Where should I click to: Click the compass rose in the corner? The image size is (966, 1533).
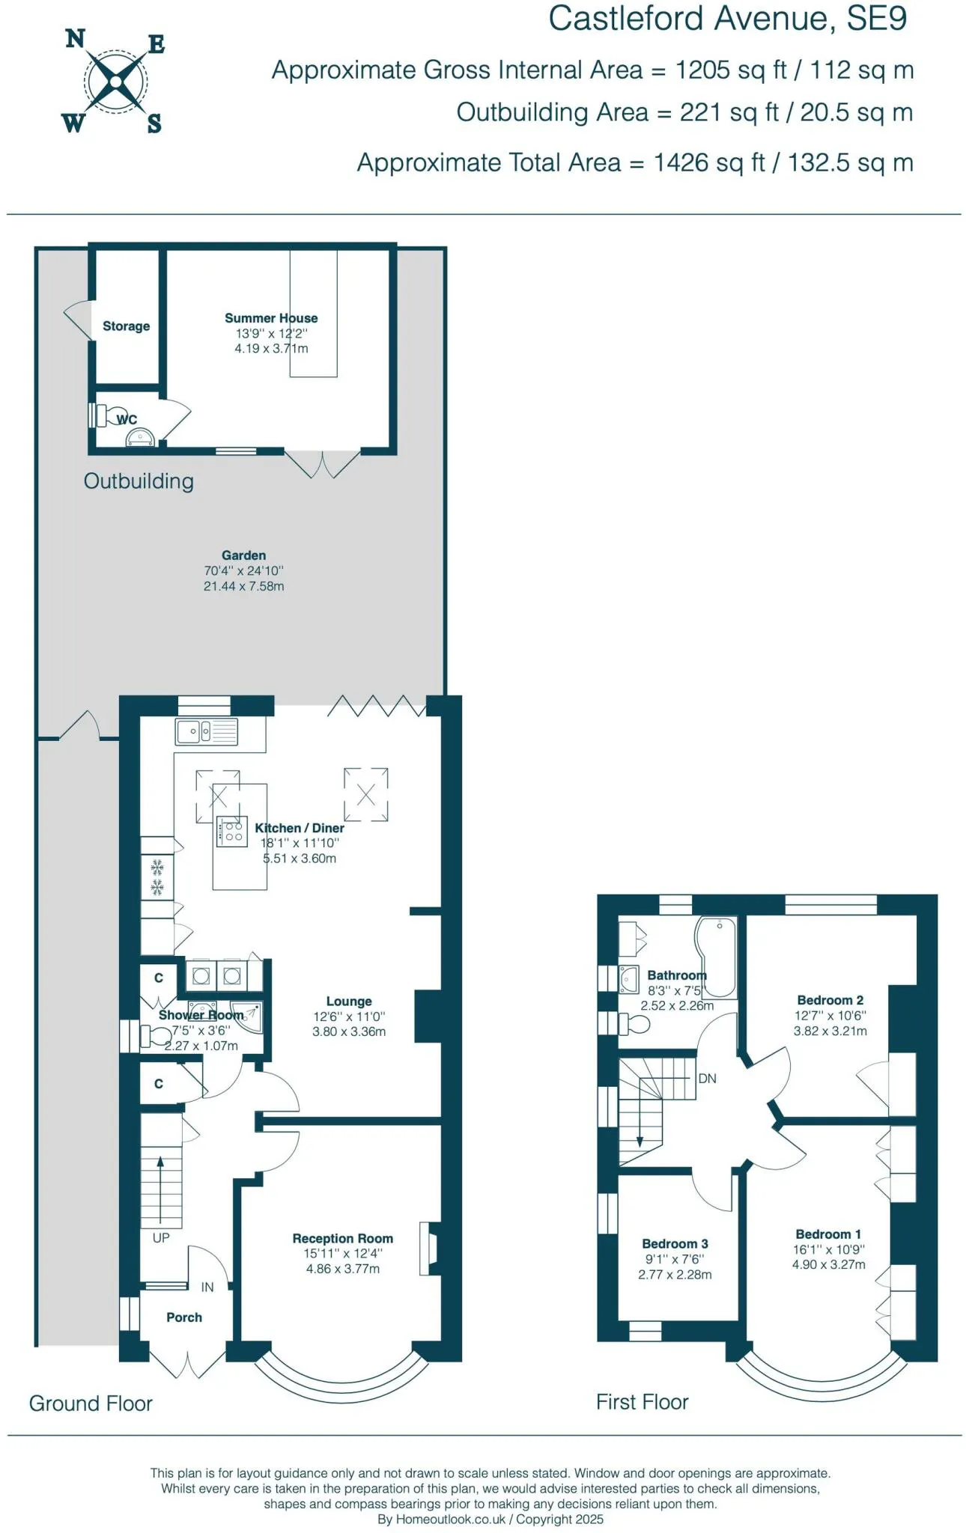coord(115,81)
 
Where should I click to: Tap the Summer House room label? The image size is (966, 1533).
coord(271,318)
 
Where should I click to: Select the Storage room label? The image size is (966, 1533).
coord(126,326)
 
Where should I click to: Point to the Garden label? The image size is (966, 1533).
coord(243,555)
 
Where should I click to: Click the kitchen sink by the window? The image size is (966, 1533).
coord(207,731)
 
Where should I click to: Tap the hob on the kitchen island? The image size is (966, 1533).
coord(232,831)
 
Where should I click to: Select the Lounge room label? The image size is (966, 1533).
coord(349,1002)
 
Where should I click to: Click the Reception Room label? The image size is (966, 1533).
coord(342,1239)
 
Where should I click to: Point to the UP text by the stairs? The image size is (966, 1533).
coord(161,1238)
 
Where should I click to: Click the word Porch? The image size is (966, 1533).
coord(184,1317)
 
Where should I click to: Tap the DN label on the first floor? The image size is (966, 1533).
coord(707,1079)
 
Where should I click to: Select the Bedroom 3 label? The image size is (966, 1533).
coord(675,1244)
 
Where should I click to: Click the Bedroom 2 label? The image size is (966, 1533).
coord(830,1000)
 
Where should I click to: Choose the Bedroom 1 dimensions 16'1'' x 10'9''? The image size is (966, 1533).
coord(828,1249)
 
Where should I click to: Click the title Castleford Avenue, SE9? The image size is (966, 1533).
coord(727,19)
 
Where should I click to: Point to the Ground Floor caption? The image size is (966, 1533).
coord(91,1404)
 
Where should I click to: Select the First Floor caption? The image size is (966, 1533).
coord(642,1402)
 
